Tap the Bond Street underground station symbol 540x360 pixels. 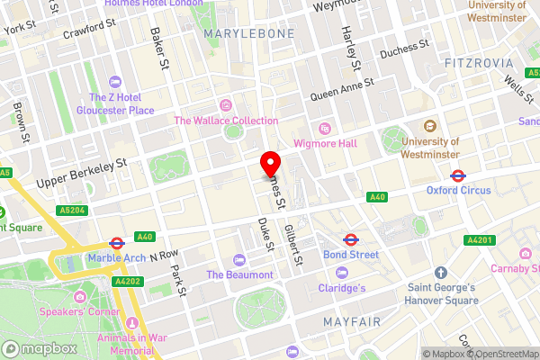(x=351, y=239)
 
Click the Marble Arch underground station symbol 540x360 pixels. (x=116, y=243)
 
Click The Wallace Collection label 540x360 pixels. (x=226, y=121)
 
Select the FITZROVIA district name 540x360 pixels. (x=479, y=63)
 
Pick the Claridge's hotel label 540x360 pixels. (x=342, y=288)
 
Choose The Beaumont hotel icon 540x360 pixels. (x=239, y=260)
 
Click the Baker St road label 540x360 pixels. (x=160, y=49)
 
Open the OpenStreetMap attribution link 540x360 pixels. (x=500, y=353)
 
